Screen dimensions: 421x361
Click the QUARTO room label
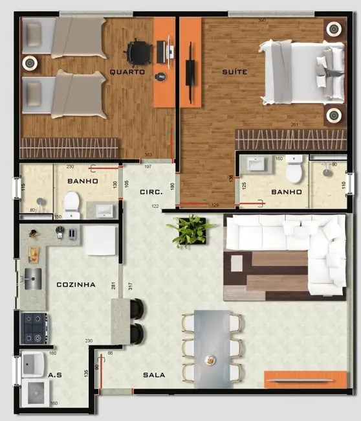point(127,72)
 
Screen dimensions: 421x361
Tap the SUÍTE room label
point(234,72)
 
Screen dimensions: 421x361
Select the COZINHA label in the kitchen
point(76,284)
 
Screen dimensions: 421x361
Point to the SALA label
point(154,374)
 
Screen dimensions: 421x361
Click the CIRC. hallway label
point(151,192)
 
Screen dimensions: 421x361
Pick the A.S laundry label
point(56,374)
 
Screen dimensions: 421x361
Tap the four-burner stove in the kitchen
point(34,328)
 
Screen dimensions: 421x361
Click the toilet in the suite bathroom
point(295,170)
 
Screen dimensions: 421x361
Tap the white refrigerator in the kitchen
point(100,240)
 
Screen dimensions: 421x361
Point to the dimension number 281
point(113,286)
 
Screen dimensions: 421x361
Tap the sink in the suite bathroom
point(262,165)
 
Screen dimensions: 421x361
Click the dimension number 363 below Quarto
point(148,155)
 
